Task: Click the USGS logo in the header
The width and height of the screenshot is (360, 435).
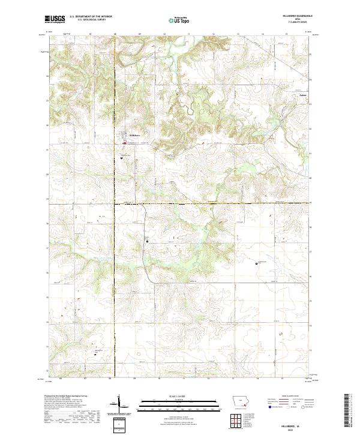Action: pos(55,19)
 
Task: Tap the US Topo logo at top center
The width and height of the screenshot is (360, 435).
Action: pos(175,20)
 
